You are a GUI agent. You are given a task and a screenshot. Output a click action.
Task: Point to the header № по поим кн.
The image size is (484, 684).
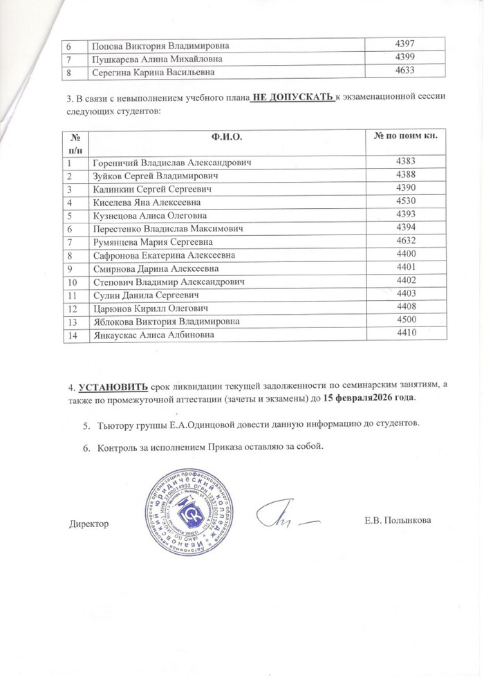[405, 136]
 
